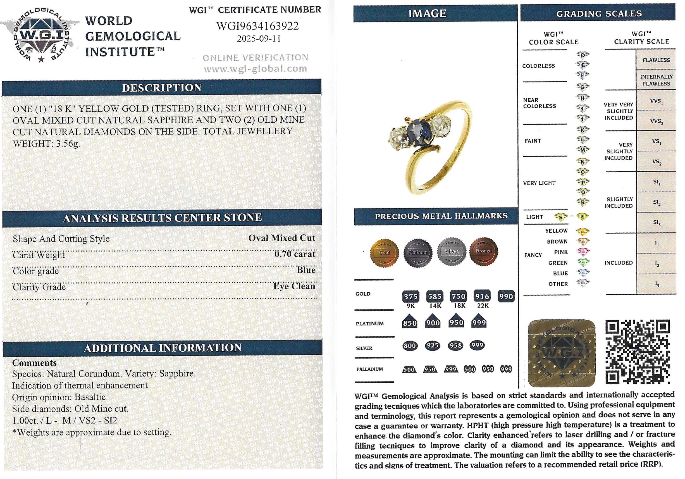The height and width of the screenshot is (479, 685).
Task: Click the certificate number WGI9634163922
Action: pyautogui.click(x=257, y=26)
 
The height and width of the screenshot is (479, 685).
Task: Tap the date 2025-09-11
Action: pyautogui.click(x=259, y=39)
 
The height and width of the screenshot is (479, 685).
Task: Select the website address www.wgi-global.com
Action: pyautogui.click(x=256, y=69)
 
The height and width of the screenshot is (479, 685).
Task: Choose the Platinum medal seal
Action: pyautogui.click(x=418, y=252)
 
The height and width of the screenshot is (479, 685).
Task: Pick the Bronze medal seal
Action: pyautogui.click(x=483, y=251)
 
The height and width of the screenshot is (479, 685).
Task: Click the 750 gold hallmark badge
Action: pyautogui.click(x=458, y=296)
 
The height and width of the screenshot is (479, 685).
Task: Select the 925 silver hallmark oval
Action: pyautogui.click(x=433, y=345)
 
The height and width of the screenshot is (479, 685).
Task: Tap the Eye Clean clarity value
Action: pyautogui.click(x=294, y=286)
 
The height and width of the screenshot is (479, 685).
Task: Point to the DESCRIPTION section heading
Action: pyautogui.click(x=162, y=88)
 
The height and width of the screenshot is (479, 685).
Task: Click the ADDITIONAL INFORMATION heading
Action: pyautogui.click(x=163, y=348)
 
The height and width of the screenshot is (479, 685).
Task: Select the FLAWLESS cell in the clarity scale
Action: pyautogui.click(x=656, y=60)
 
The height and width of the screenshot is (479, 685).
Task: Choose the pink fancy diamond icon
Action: pyautogui.click(x=583, y=252)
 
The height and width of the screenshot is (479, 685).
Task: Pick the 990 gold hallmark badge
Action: pyautogui.click(x=506, y=296)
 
